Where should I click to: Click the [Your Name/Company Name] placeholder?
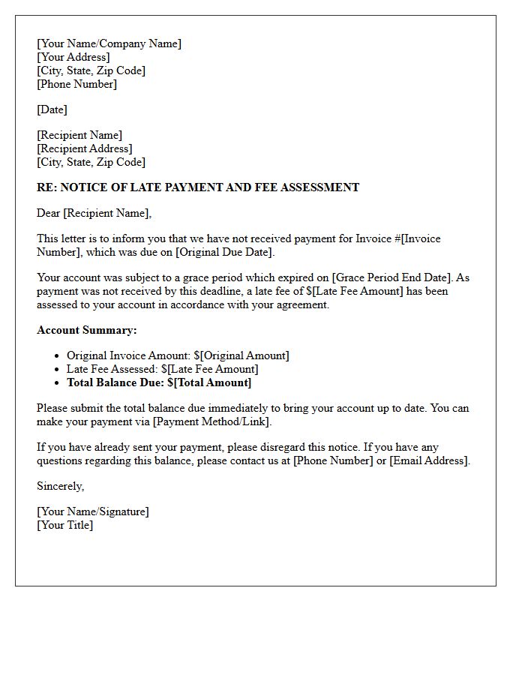pyautogui.click(x=109, y=43)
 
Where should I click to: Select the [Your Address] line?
pyautogui.click(x=73, y=57)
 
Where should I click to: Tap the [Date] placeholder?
pyautogui.click(x=52, y=109)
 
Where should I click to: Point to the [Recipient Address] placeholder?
pyautogui.click(x=84, y=148)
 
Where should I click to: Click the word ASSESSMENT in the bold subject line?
pyautogui.click(x=320, y=187)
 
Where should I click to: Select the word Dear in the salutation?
pyautogui.click(x=49, y=213)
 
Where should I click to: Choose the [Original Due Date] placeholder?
pyautogui.click(x=224, y=252)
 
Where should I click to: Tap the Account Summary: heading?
pyautogui.click(x=87, y=330)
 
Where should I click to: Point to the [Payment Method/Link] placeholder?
pyautogui.click(x=211, y=421)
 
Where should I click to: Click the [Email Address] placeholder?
pyautogui.click(x=429, y=460)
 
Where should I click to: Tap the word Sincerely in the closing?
pyautogui.click(x=60, y=486)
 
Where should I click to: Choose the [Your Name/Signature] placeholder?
pyautogui.click(x=93, y=511)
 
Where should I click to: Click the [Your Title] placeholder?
pyautogui.click(x=65, y=525)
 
